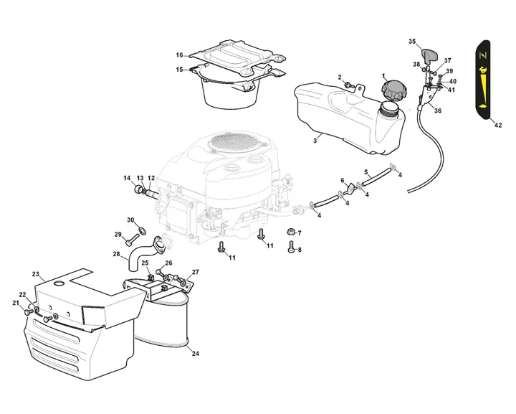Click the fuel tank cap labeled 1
[395, 91]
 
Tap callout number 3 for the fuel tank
[315, 141]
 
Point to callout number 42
[498, 125]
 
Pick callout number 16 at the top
[180, 55]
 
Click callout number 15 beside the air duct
[180, 70]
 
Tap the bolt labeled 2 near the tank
[349, 85]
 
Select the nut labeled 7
[290, 232]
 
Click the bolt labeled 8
[291, 246]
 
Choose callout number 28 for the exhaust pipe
[116, 254]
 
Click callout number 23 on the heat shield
[36, 274]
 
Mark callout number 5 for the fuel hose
[365, 172]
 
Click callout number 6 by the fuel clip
[343, 180]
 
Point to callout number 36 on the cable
[438, 110]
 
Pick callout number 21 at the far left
[15, 303]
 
